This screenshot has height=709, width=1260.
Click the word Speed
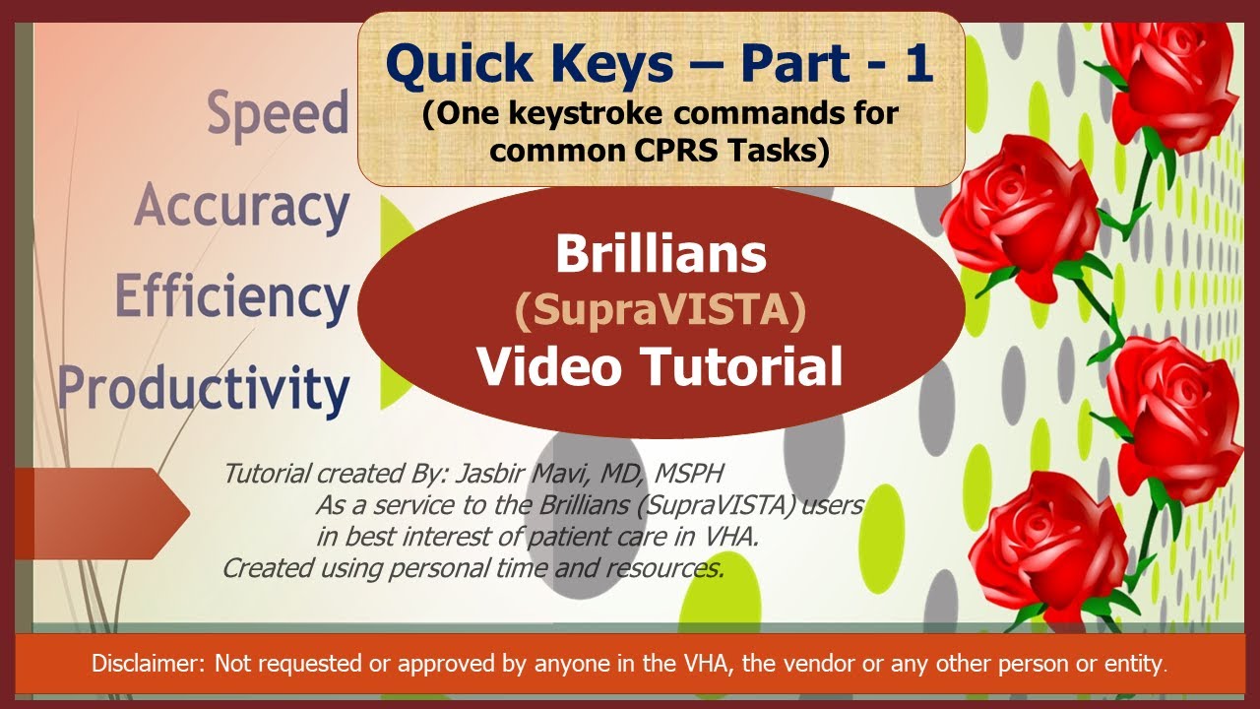[278, 114]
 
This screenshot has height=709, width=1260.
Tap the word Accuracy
[241, 207]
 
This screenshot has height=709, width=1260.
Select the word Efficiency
[232, 297]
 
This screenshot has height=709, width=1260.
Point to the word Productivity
[204, 388]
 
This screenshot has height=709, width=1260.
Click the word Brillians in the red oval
[661, 255]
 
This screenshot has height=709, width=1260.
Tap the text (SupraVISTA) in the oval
[661, 310]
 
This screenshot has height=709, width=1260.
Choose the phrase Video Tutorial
[661, 366]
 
